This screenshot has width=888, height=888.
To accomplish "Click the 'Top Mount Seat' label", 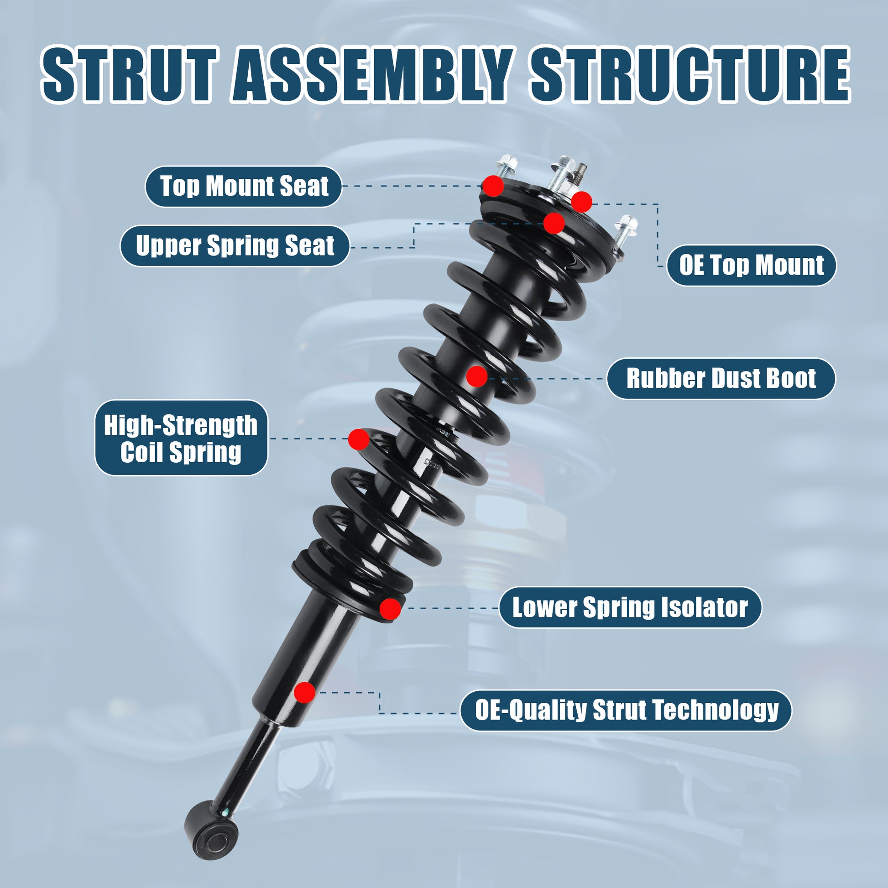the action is coord(244,187).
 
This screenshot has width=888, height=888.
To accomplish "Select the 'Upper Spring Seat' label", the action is coord(235,246).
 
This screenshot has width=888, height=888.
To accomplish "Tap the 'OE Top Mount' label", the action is coord(752,265).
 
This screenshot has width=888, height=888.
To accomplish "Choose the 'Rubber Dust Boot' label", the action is coord(721,379).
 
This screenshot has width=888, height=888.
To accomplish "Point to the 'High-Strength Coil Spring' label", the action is coord(181,438).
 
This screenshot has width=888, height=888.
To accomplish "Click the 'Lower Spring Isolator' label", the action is coord(630,608).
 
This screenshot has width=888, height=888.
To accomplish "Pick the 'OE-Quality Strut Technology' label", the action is coord(626,710).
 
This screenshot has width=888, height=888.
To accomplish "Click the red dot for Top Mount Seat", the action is coord(493,186).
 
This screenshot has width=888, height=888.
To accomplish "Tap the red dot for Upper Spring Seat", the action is coord(554,224).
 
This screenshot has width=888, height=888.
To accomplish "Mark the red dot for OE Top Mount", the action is coord(581,202).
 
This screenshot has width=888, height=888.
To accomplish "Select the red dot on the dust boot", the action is coord(477,376).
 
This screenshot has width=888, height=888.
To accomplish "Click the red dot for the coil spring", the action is coord(359,439).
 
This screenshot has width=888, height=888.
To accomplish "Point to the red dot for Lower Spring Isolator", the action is coord(390,609).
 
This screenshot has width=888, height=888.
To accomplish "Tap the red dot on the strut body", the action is coord(304,692).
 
